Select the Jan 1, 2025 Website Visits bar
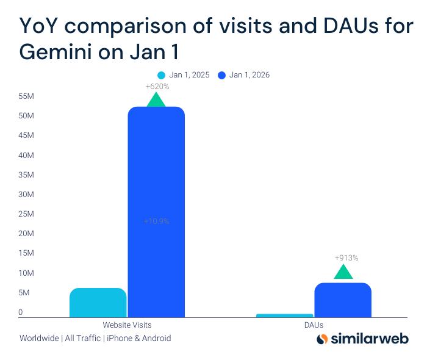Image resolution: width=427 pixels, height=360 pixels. tap(98, 303)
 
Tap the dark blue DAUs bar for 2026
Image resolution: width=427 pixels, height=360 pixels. tap(343, 300)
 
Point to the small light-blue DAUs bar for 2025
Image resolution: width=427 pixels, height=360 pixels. tap(284, 315)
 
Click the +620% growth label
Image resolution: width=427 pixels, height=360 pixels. tap(157, 87)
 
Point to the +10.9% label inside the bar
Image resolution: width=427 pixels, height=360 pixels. tap(157, 221)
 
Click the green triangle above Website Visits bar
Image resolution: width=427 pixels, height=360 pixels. tap(156, 100)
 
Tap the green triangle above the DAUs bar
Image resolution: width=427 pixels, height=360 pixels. tap(343, 272)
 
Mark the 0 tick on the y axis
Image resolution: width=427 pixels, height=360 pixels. tap(20, 312)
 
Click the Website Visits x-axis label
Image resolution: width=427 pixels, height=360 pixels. tap(127, 325)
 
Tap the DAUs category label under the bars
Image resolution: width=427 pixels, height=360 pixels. tap(314, 325)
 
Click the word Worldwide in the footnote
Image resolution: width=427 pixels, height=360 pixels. tap(39, 338)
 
